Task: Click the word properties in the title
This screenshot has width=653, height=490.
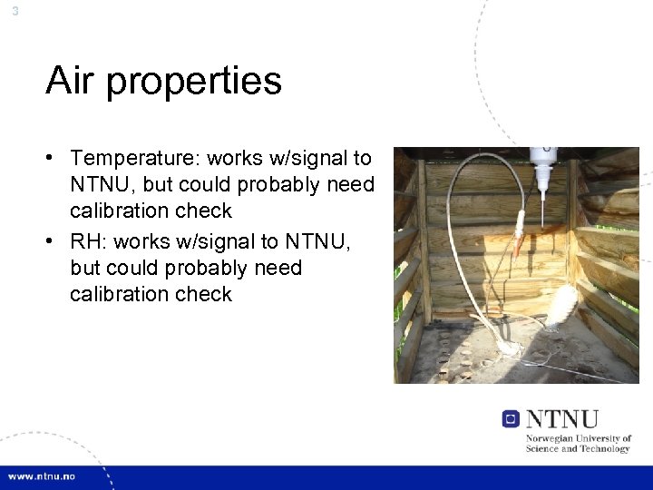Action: [193, 83]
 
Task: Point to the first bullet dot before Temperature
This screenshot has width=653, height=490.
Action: [55, 159]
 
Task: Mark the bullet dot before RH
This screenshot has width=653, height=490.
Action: [55, 240]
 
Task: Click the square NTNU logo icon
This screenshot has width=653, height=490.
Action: [511, 418]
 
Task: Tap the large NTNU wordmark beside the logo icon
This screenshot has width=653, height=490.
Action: [562, 418]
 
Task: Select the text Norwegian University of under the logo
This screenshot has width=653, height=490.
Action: [579, 438]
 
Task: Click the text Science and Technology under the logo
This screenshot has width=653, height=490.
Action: [578, 448]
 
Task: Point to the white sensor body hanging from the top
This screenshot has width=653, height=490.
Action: [542, 168]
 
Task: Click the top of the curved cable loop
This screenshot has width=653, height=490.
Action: [481, 160]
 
